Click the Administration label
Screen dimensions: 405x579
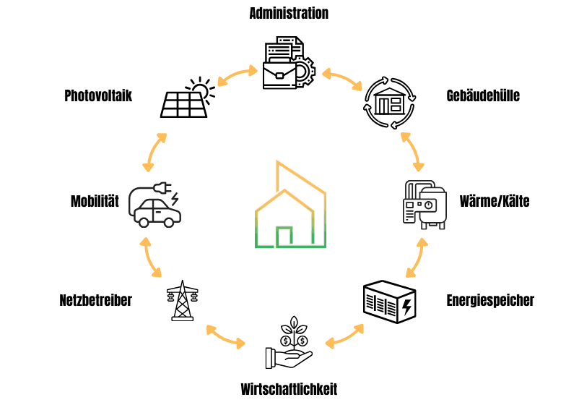coord(289,14)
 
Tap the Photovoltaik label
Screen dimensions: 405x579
coord(98,95)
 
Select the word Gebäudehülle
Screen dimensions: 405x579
coord(483,95)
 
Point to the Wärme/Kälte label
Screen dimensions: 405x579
coord(495,201)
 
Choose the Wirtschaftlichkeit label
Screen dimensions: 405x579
coord(289,389)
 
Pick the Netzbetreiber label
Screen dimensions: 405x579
coord(95,300)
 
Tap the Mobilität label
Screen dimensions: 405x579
coord(95,201)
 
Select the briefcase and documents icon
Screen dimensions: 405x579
coord(287,64)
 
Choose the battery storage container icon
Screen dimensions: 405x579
coord(388,303)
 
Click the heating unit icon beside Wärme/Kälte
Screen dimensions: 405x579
coord(423,203)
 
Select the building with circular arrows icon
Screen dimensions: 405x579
coord(390,103)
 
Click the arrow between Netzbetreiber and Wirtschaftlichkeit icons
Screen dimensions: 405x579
coord(225,335)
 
